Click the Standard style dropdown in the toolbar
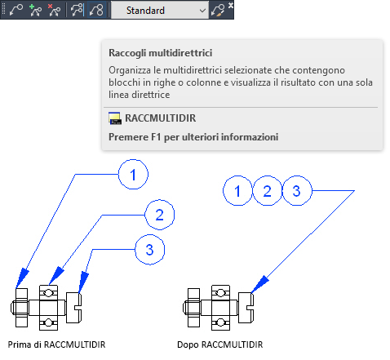tap(160, 11)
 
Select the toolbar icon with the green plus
tap(35, 11)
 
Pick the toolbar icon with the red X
tap(54, 11)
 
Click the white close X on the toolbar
tap(231, 5)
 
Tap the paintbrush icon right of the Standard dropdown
tap(218, 11)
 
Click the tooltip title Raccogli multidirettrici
tap(161, 53)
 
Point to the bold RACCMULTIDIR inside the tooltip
tap(161, 118)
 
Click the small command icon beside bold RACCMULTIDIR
tap(115, 118)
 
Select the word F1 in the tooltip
tap(156, 137)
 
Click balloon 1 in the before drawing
tap(133, 175)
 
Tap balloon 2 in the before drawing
tap(160, 215)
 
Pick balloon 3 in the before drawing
tap(150, 250)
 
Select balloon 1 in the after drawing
tap(237, 190)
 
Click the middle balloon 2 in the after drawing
tap(267, 190)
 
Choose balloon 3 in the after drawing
tap(297, 190)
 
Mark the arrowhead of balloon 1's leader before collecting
tap(21, 278)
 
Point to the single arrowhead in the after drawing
tap(259, 285)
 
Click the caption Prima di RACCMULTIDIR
tap(56, 344)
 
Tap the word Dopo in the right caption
tap(188, 345)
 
